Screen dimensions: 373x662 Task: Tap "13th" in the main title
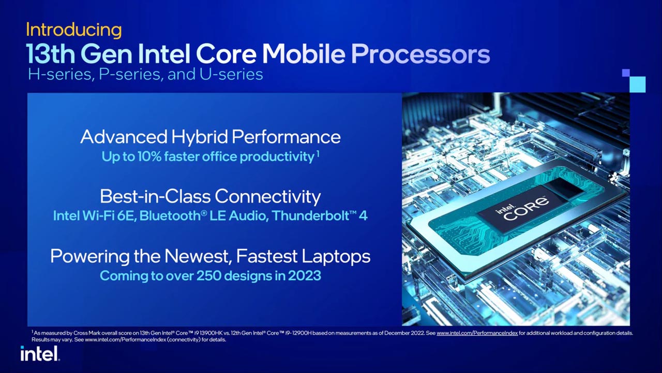(51, 54)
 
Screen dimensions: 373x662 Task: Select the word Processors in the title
(420, 54)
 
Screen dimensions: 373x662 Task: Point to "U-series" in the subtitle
(231, 75)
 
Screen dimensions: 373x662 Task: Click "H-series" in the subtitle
(59, 75)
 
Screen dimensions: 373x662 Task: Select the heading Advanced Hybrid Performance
(210, 137)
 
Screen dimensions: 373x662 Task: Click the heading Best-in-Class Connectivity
(210, 196)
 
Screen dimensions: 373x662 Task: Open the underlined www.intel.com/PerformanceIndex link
(477, 333)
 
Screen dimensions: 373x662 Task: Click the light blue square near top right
(637, 84)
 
